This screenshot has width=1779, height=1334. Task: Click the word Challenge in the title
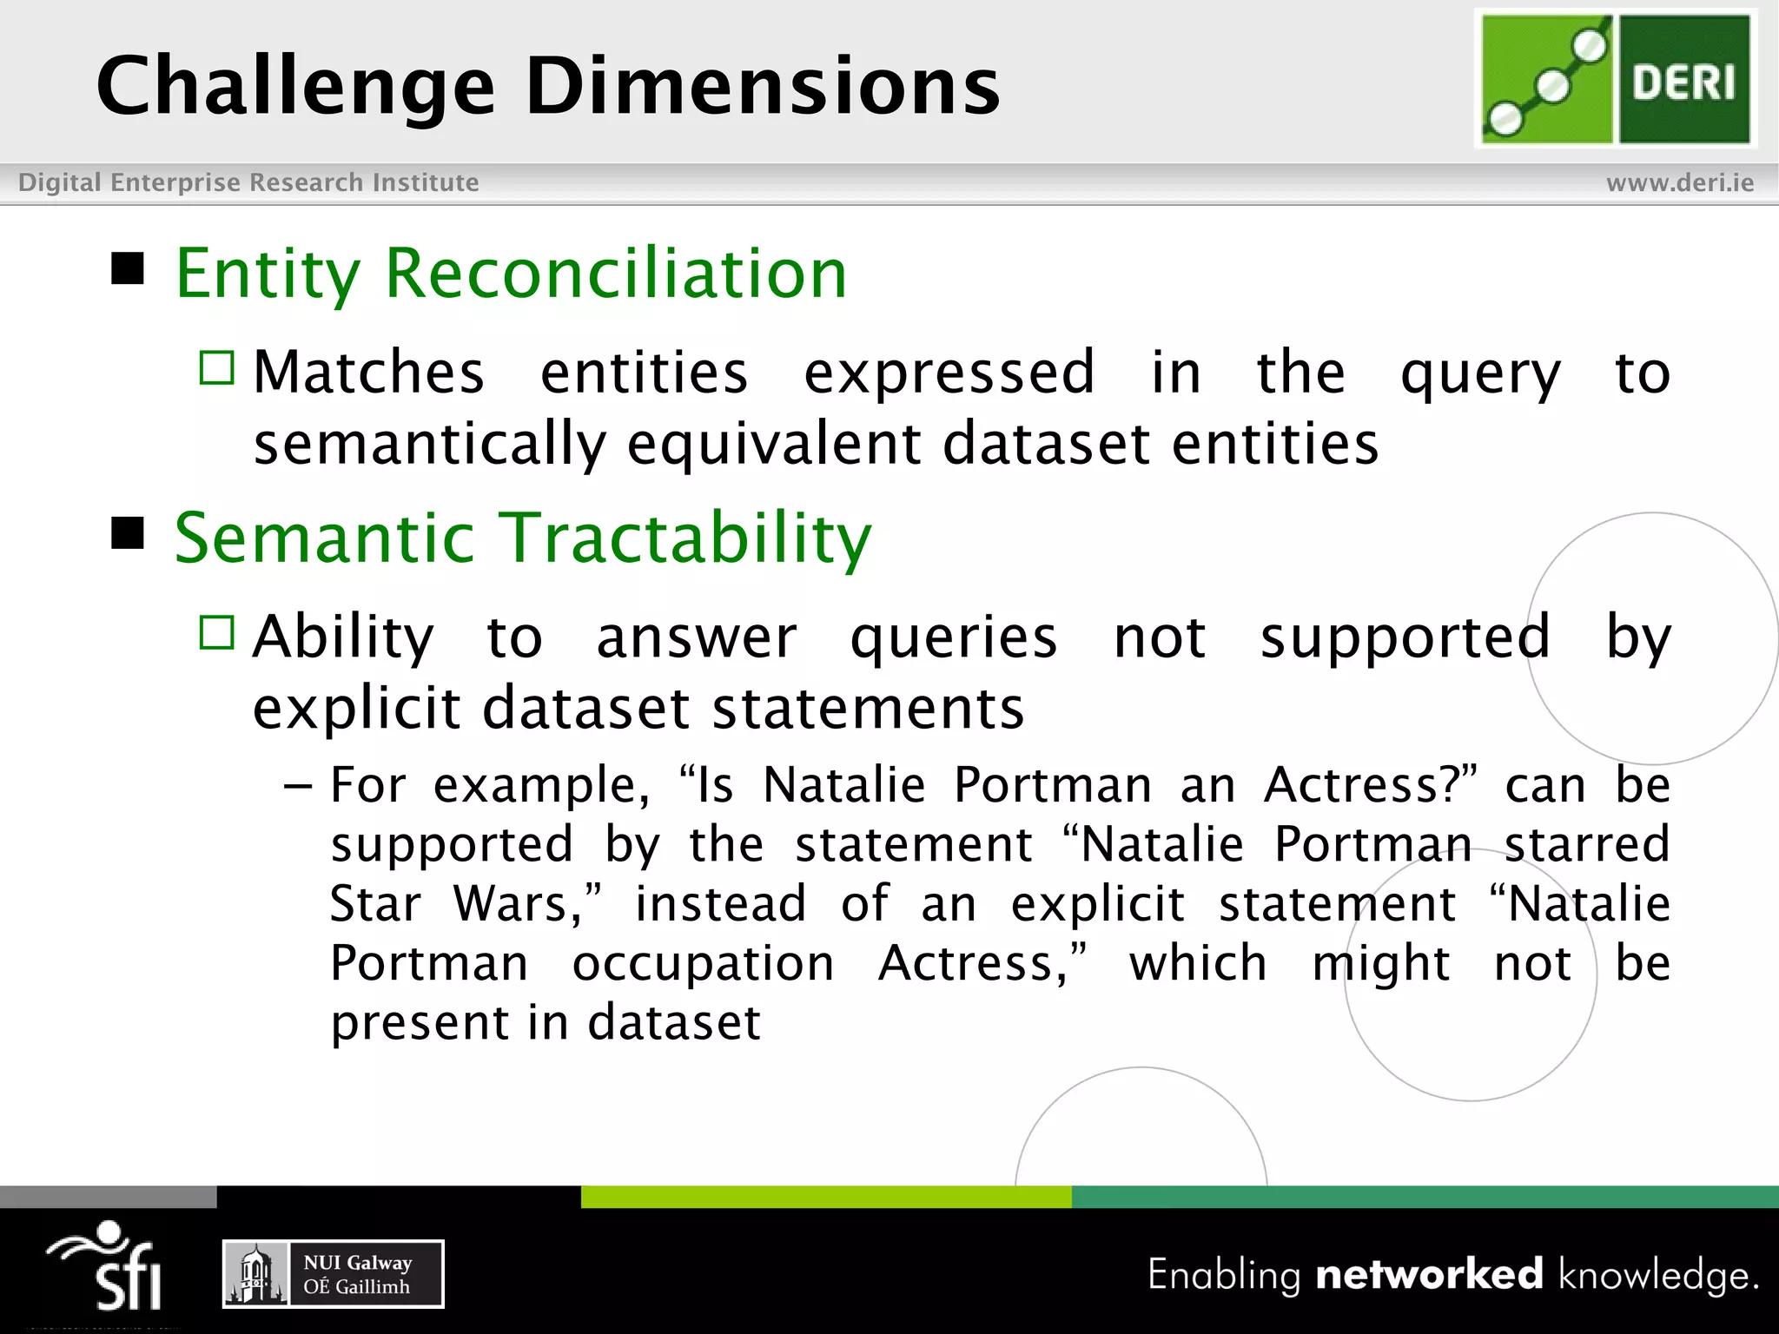295,87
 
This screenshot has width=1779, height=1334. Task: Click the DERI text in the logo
1683,83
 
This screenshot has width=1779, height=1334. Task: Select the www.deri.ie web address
1679,182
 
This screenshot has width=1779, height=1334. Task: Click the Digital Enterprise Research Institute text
248,182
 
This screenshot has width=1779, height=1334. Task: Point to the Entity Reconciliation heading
511,274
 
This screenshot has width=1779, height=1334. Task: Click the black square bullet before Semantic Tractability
128,533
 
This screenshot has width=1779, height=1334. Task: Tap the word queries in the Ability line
953,639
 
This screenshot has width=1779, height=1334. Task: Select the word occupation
703,964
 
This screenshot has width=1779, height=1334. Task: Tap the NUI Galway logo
334,1274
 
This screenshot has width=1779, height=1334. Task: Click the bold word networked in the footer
1429,1274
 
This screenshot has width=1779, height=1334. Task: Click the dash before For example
297,786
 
